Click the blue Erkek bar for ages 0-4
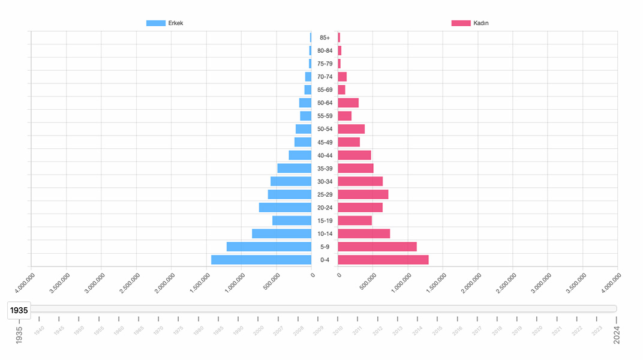[261, 260]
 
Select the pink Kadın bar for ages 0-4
[383, 260]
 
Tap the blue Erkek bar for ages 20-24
[285, 208]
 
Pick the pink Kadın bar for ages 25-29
[363, 194]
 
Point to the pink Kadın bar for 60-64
[348, 103]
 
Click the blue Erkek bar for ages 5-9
[269, 247]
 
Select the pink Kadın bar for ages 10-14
[363, 233]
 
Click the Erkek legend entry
[165, 23]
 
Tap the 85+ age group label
[324, 38]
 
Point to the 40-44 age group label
[324, 155]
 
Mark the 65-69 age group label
[324, 90]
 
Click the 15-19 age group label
[324, 221]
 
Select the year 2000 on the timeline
[258, 329]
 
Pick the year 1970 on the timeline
[158, 329]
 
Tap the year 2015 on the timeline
[437, 329]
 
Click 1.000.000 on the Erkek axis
[235, 283]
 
